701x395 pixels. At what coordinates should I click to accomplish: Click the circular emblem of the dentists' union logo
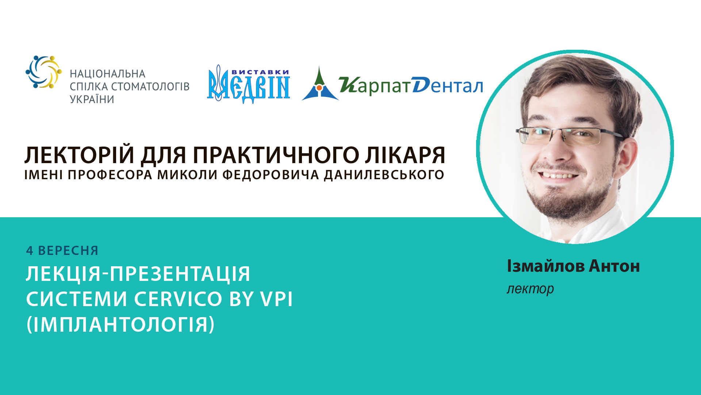[43, 72]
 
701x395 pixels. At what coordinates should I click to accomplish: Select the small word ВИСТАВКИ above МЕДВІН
[260, 72]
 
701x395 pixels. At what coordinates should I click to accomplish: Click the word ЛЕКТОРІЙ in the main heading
[79, 155]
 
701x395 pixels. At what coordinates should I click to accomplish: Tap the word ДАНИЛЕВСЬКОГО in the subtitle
[384, 175]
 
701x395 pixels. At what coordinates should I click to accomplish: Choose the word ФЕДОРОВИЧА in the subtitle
[271, 175]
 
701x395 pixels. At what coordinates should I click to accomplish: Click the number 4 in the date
[30, 251]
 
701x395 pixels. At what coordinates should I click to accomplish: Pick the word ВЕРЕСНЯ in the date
[68, 251]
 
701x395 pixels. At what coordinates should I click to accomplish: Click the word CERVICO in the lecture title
[178, 299]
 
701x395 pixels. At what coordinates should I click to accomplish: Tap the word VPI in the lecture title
[276, 299]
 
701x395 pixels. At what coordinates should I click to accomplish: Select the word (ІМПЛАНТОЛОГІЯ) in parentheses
[120, 324]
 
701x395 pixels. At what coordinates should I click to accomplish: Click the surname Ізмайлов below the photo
[545, 266]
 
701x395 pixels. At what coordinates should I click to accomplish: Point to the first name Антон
[614, 266]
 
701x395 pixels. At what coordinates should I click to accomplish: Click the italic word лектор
[530, 289]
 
